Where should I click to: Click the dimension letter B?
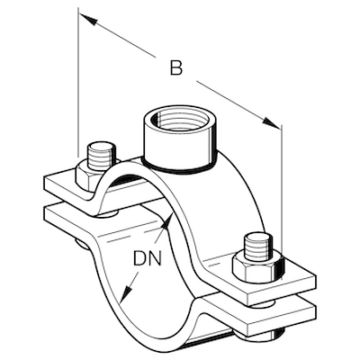(176, 67)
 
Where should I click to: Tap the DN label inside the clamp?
(149, 260)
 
